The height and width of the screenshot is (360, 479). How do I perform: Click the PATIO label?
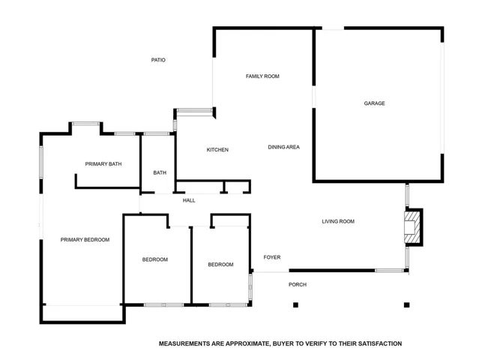pos(158,60)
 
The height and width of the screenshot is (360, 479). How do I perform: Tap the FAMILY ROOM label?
pos(262,76)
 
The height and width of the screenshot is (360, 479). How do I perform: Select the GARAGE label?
pos(374,103)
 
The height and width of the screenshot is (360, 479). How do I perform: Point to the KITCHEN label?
pos(217,150)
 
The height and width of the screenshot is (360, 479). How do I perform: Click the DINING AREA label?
pos(284,147)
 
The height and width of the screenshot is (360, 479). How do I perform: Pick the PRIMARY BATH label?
pos(103,164)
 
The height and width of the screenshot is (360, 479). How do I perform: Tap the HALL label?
pos(189,200)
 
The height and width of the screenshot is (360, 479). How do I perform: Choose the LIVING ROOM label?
pos(338,221)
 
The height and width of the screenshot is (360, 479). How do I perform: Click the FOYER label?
pos(272,257)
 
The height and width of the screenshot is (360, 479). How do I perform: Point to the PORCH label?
pos(298,284)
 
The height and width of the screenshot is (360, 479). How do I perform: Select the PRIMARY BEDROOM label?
pos(85,240)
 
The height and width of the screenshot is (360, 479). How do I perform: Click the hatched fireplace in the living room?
pos(412,227)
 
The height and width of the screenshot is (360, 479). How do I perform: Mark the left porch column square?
pos(295,304)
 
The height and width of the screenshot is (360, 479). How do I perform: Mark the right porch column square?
pos(406,304)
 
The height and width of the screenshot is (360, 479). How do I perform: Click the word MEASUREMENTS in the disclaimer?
pos(184,343)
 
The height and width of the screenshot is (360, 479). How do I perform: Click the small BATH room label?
pos(160,173)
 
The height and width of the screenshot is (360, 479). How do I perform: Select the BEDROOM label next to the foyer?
pos(220,265)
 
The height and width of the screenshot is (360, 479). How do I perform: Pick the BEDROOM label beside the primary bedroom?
pos(155,259)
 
